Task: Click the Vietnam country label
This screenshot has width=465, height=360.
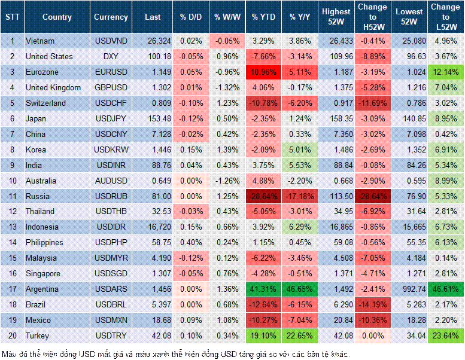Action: [x=39, y=41]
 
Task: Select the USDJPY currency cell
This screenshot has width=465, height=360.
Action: [x=111, y=118]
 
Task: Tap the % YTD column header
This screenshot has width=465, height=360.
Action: [x=264, y=17]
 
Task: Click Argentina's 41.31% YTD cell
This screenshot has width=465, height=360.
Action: [x=264, y=289]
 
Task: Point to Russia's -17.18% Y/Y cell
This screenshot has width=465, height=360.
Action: [x=301, y=196]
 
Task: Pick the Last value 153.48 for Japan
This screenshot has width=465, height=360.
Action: [x=153, y=118]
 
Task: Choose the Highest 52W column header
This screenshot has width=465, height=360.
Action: [x=336, y=17]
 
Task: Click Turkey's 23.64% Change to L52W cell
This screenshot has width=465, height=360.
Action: [x=445, y=335]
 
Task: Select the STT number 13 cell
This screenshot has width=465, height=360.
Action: [x=11, y=227]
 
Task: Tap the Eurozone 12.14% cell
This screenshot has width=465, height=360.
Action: [x=445, y=72]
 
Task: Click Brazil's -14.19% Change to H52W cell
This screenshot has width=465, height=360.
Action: [x=373, y=304]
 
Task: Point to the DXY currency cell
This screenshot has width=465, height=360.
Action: [x=111, y=56]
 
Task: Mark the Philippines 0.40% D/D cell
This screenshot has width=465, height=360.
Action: [x=190, y=242]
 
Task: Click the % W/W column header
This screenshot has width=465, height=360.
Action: [x=226, y=17]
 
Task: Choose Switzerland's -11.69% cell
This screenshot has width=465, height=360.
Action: [x=373, y=103]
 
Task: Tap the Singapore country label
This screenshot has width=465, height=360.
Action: [x=43, y=273]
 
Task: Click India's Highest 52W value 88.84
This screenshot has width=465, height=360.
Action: [x=336, y=165]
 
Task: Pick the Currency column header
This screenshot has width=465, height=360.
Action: [x=111, y=17]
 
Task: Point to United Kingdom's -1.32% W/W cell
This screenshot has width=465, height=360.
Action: [x=226, y=87]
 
